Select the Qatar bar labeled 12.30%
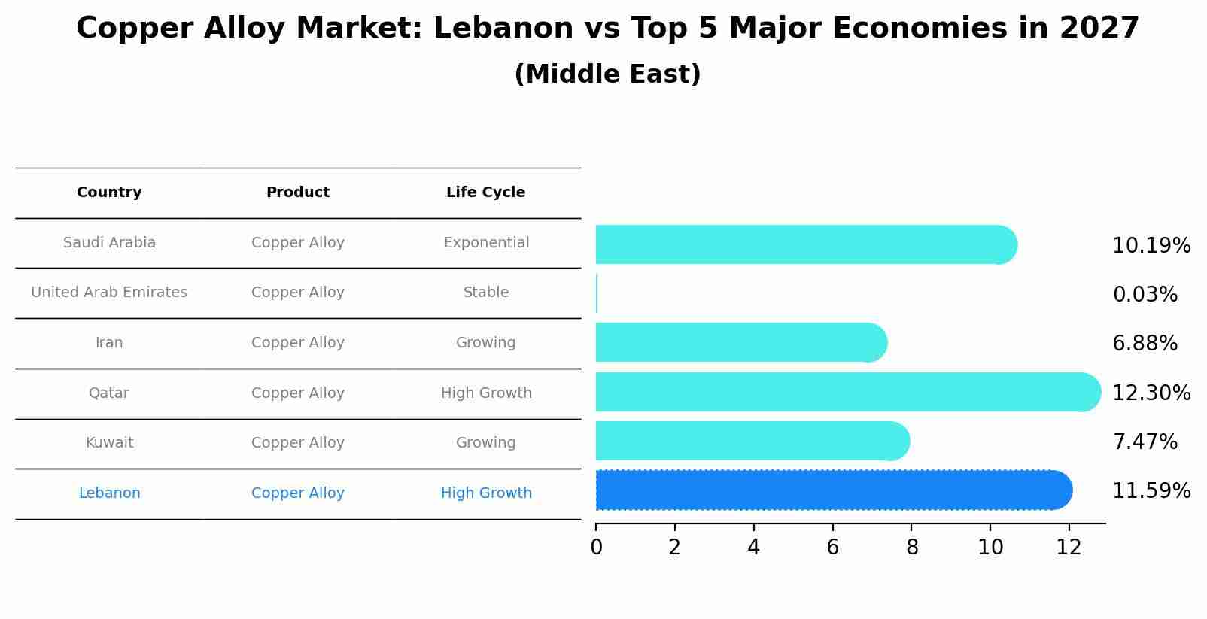coord(847,392)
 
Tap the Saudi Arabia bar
coord(805,244)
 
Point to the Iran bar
coord(741,342)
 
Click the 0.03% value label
coord(1145,295)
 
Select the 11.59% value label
coord(1151,491)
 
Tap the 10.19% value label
coord(1151,246)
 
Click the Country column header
coord(109,193)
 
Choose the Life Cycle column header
coord(485,193)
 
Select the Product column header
coord(298,193)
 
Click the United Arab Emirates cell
coord(109,293)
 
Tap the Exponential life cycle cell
coord(486,243)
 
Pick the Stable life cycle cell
coord(486,293)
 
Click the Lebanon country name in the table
coord(109,493)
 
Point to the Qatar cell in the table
coord(109,393)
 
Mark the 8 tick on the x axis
coord(912,547)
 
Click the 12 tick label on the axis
coord(1069,547)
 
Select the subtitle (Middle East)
coord(607,74)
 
